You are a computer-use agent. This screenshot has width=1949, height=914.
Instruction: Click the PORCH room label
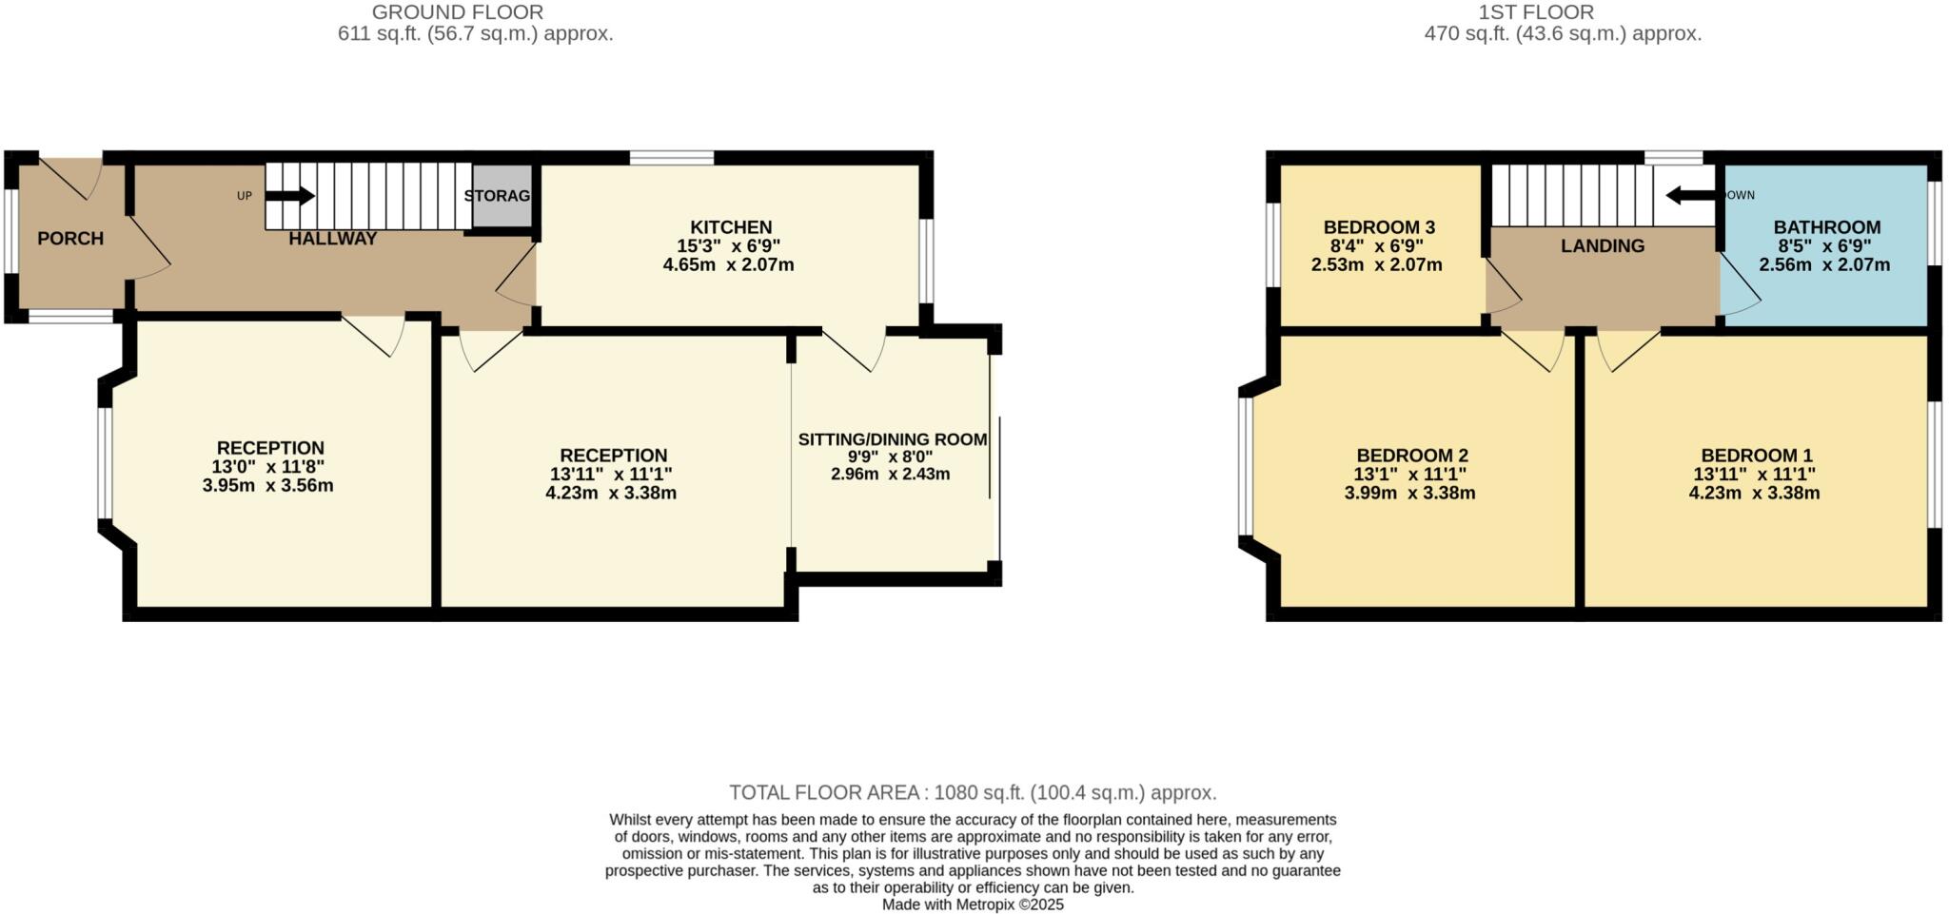[70, 239]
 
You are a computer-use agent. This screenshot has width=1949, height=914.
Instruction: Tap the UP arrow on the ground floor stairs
[290, 196]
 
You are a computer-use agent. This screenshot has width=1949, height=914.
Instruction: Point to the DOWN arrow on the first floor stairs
[1690, 195]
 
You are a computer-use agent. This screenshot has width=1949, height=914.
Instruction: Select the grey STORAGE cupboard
[502, 196]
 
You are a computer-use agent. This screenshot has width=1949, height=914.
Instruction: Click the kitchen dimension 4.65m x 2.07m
[728, 265]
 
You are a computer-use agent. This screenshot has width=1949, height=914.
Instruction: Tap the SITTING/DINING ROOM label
[892, 439]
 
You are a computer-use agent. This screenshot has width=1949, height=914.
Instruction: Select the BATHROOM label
[1826, 227]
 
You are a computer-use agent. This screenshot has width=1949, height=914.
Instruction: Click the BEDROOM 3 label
[1378, 227]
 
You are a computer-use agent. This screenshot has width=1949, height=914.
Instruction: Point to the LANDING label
[1602, 246]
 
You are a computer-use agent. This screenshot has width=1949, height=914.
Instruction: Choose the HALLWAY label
[333, 239]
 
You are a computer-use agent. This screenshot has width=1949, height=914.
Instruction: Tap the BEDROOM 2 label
[1411, 456]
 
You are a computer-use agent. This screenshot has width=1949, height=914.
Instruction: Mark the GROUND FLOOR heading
[457, 12]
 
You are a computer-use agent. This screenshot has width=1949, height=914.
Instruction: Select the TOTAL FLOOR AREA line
[973, 792]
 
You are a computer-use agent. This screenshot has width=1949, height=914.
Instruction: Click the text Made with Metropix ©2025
[973, 904]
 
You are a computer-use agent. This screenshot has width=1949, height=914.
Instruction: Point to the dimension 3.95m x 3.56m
[267, 486]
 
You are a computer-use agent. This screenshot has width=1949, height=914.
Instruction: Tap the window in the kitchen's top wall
[671, 157]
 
